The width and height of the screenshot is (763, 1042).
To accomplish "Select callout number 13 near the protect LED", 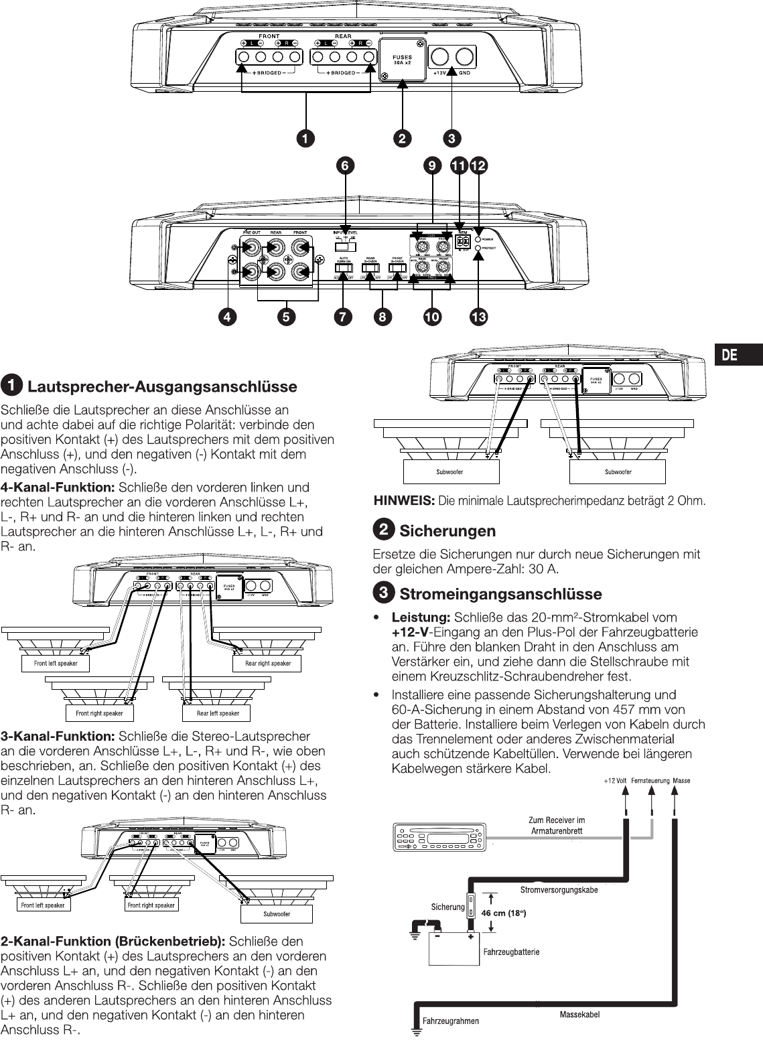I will (478, 317).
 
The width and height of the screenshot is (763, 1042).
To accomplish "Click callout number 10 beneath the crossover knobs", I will (432, 317).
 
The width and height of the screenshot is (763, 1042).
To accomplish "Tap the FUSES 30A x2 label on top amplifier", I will (402, 60).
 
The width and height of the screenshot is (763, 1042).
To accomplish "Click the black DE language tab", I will (738, 355).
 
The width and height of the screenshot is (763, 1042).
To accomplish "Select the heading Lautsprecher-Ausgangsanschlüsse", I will (162, 387).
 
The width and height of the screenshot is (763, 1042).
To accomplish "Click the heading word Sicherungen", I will (447, 531).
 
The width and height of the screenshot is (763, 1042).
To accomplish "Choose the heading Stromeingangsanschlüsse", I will (500, 594).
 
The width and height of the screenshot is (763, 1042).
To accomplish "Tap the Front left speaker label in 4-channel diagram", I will (56, 664).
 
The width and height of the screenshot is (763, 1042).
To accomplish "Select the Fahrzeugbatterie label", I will (511, 951).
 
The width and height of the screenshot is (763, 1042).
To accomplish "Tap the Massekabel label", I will (579, 1015).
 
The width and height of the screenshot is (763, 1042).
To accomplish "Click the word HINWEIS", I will (404, 500).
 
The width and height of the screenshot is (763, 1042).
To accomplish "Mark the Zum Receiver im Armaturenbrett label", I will (557, 825).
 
